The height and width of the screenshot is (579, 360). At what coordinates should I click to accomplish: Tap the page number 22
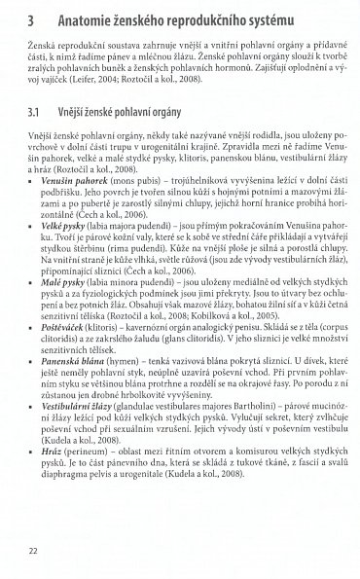tap(34, 554)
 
